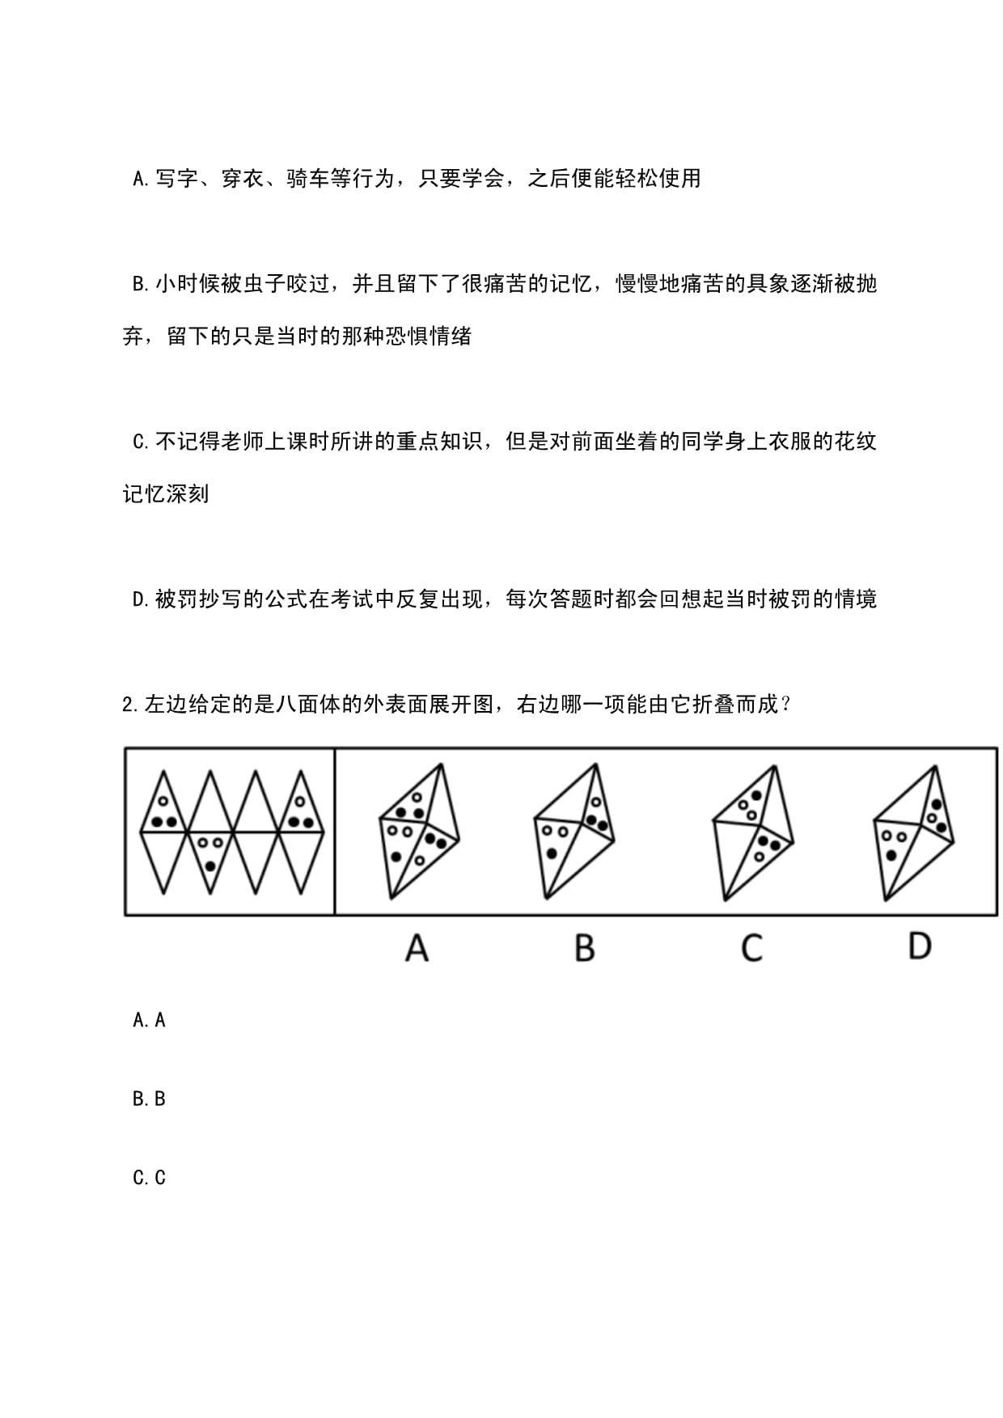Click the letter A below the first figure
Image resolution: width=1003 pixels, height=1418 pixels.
[x=417, y=946]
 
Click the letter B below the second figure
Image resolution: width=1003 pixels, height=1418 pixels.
[x=584, y=947]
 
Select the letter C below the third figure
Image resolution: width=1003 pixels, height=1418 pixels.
[x=751, y=947]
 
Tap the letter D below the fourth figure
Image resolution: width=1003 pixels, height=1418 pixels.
[x=920, y=945]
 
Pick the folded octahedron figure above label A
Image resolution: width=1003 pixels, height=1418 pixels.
[x=418, y=831]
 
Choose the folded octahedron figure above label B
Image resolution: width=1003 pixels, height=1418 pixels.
[x=573, y=831]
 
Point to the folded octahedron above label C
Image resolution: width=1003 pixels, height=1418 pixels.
[x=753, y=832]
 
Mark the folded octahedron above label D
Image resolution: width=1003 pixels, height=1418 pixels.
[x=914, y=832]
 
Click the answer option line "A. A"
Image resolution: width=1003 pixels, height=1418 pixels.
[x=149, y=1020]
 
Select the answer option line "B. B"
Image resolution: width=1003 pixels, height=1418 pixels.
[x=149, y=1098]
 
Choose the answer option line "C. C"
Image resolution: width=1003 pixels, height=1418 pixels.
[x=149, y=1177]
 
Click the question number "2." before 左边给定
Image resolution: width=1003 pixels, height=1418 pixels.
[x=132, y=705]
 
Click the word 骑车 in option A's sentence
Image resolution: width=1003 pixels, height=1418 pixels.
[x=307, y=178]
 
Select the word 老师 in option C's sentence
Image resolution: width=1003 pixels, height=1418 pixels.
[x=242, y=441]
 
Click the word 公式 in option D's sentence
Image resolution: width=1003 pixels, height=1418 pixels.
[x=286, y=599]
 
